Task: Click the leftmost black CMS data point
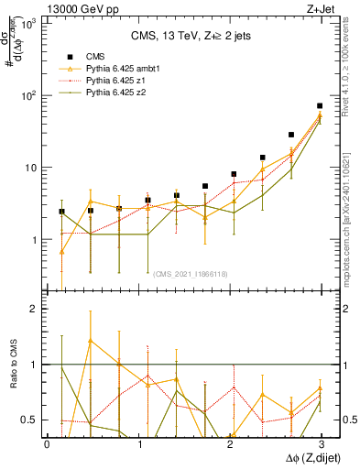(x=61, y=212)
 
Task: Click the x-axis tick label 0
(x=48, y=443)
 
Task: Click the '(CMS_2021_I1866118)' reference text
(x=190, y=273)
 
